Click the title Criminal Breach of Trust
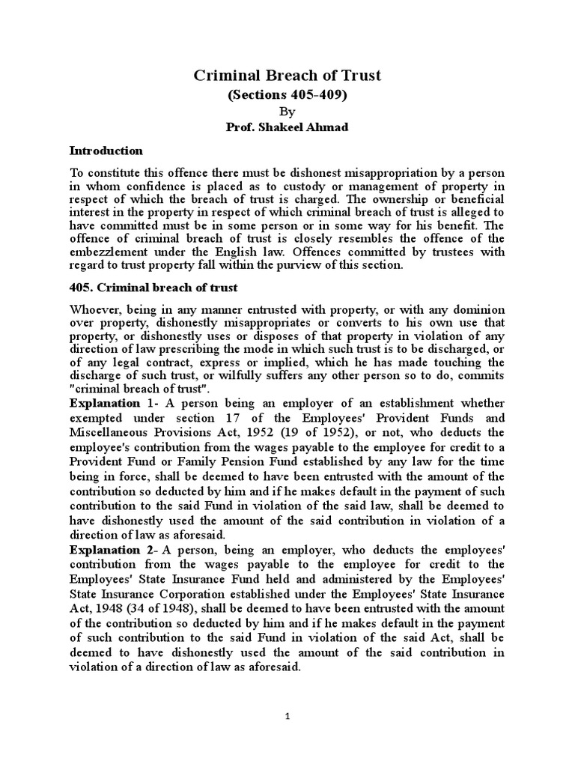pyautogui.click(x=287, y=75)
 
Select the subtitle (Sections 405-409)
pyautogui.click(x=287, y=95)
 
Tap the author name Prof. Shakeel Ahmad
pyautogui.click(x=287, y=127)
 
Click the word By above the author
pyautogui.click(x=287, y=112)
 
